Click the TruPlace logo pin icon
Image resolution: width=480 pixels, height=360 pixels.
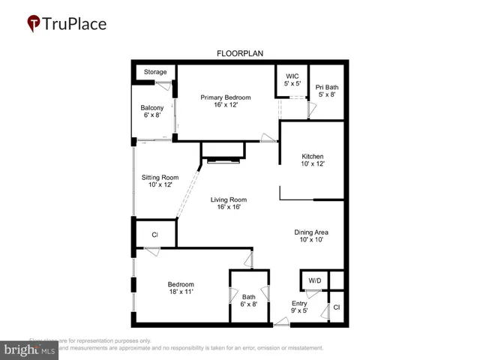tap(34, 24)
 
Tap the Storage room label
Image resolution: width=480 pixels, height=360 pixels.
tap(155, 72)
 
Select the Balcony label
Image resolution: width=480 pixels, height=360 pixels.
tap(152, 108)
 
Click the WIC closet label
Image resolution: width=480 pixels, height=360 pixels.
tap(292, 76)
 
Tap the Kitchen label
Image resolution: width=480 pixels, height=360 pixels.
tap(312, 154)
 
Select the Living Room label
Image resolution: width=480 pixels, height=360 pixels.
tap(229, 199)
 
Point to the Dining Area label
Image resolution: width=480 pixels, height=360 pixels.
tap(311, 232)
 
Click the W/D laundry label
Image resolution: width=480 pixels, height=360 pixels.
tap(314, 281)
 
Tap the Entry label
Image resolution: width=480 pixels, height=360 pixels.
tap(299, 303)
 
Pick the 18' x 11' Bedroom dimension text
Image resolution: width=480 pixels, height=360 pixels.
tap(181, 292)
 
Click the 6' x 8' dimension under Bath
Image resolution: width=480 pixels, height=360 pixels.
tap(249, 304)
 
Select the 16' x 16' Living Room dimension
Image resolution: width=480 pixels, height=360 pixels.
tap(229, 208)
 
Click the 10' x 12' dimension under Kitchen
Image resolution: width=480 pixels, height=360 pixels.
tap(312, 163)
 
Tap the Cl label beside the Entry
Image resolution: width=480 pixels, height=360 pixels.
tap(337, 307)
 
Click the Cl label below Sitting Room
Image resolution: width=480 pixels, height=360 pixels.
tap(155, 235)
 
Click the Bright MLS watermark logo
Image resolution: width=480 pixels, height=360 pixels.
tap(30, 349)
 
